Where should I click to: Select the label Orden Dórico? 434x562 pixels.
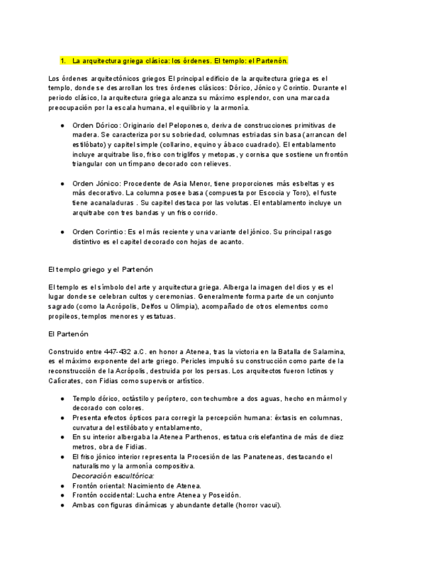[x=96, y=125]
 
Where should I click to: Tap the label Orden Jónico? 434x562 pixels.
[x=96, y=184]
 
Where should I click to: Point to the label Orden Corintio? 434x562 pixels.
[x=99, y=232]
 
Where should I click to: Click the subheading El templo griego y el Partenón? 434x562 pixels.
[x=101, y=270]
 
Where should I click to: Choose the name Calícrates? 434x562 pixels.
[x=66, y=381]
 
